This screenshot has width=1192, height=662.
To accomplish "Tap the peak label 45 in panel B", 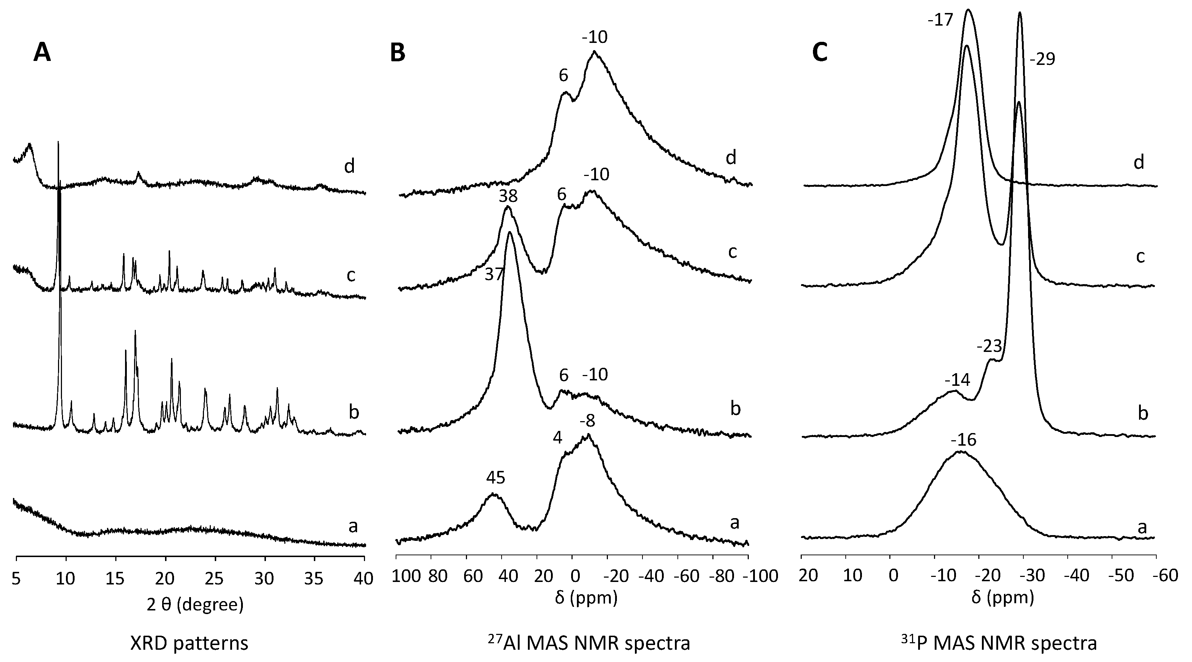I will coord(495,478).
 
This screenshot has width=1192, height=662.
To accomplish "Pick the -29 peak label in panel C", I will coord(1042,59).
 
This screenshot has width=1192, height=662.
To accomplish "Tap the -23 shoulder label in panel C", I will coord(989,346).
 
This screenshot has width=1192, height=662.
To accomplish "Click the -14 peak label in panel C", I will coord(957,380).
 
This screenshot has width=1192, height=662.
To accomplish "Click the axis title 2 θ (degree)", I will coord(194,605).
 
